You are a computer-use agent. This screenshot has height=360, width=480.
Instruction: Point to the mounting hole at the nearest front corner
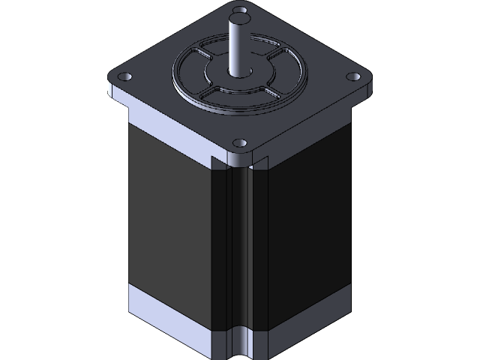(x=239, y=142)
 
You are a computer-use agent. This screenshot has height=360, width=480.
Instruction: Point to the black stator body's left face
(x=169, y=225)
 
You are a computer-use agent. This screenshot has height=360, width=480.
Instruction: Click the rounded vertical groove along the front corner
(x=241, y=247)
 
